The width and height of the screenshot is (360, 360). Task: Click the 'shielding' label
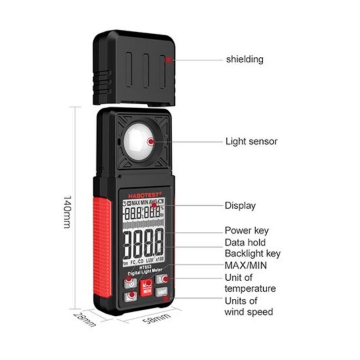pyautogui.click(x=244, y=59)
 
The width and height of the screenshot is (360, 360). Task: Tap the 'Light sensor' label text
pyautogui.click(x=251, y=141)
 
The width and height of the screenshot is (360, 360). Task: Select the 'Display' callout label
pyautogui.click(x=240, y=206)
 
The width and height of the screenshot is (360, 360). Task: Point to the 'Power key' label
pyautogui.click(x=247, y=230)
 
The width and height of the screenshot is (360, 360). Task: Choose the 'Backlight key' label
pyautogui.click(x=252, y=253)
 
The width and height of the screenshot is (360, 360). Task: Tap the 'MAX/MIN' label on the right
pyautogui.click(x=246, y=265)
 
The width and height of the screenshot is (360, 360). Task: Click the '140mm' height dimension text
pyautogui.click(x=67, y=211)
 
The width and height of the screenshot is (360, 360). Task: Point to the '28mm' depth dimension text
pyautogui.click(x=85, y=318)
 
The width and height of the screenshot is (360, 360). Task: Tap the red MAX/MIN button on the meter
pyautogui.click(x=146, y=287)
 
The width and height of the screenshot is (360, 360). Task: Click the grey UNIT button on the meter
pyautogui.click(x=161, y=292)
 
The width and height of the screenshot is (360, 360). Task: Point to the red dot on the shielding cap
pyautogui.click(x=168, y=59)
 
